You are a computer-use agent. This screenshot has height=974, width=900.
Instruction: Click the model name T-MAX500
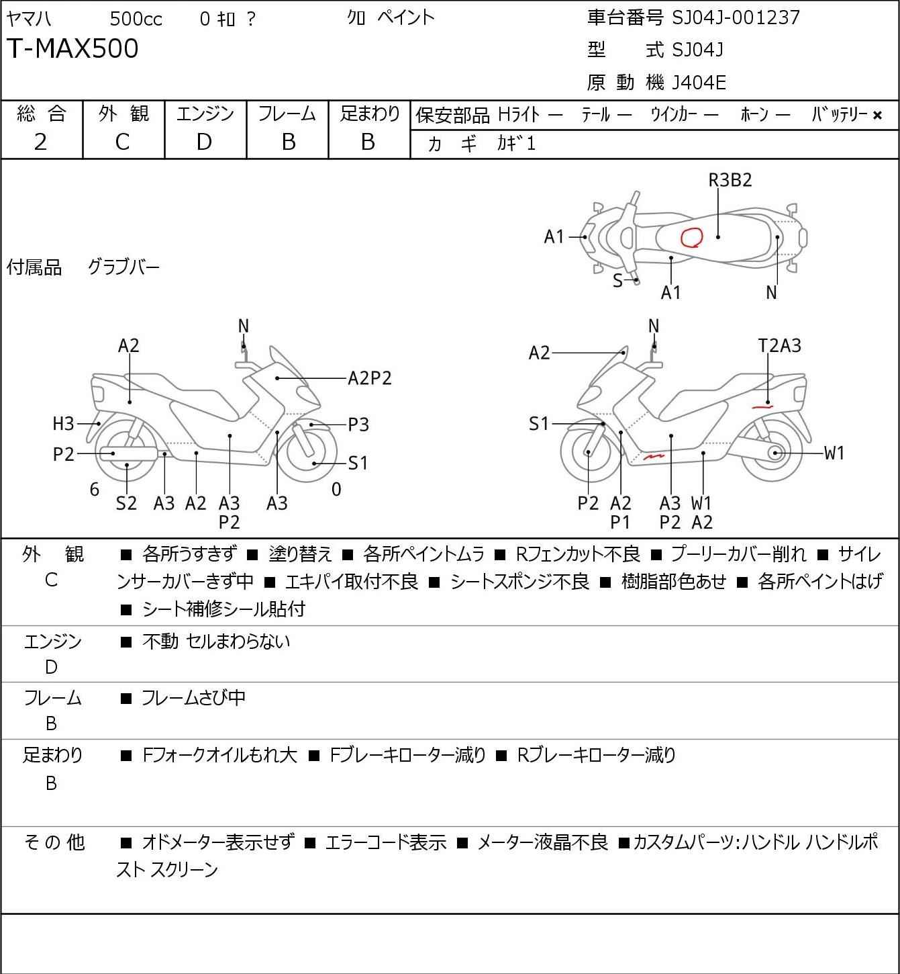coord(72,48)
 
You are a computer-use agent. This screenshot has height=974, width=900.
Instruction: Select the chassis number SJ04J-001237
coord(736,18)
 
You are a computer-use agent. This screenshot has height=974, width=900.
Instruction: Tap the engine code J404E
coord(699,83)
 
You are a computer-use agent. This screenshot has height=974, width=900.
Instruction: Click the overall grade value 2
coord(41,142)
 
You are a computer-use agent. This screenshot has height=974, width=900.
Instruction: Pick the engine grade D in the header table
coord(205,142)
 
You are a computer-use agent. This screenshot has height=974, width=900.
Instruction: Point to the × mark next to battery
coord(877,116)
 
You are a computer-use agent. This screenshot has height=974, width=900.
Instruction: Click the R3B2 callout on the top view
coord(730,180)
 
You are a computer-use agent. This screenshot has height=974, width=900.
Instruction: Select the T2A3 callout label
coord(779,346)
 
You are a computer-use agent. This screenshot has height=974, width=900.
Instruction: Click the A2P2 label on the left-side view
coord(370,378)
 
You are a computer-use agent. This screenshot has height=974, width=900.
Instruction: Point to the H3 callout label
coord(63,423)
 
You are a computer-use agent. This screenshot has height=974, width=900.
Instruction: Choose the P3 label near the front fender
coord(358,425)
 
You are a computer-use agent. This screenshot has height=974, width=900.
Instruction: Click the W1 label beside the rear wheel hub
coord(834,453)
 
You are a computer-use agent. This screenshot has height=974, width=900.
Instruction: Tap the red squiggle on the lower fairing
coord(654,457)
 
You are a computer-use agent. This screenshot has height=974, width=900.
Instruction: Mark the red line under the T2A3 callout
coord(762,406)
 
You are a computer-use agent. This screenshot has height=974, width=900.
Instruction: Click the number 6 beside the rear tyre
coord(95,489)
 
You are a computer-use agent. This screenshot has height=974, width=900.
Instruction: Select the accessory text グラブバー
coord(123,267)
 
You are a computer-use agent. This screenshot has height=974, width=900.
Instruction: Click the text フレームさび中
coord(193,697)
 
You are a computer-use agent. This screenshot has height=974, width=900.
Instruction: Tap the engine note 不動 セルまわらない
coord(216,641)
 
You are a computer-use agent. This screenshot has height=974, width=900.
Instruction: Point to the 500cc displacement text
coord(136,19)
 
